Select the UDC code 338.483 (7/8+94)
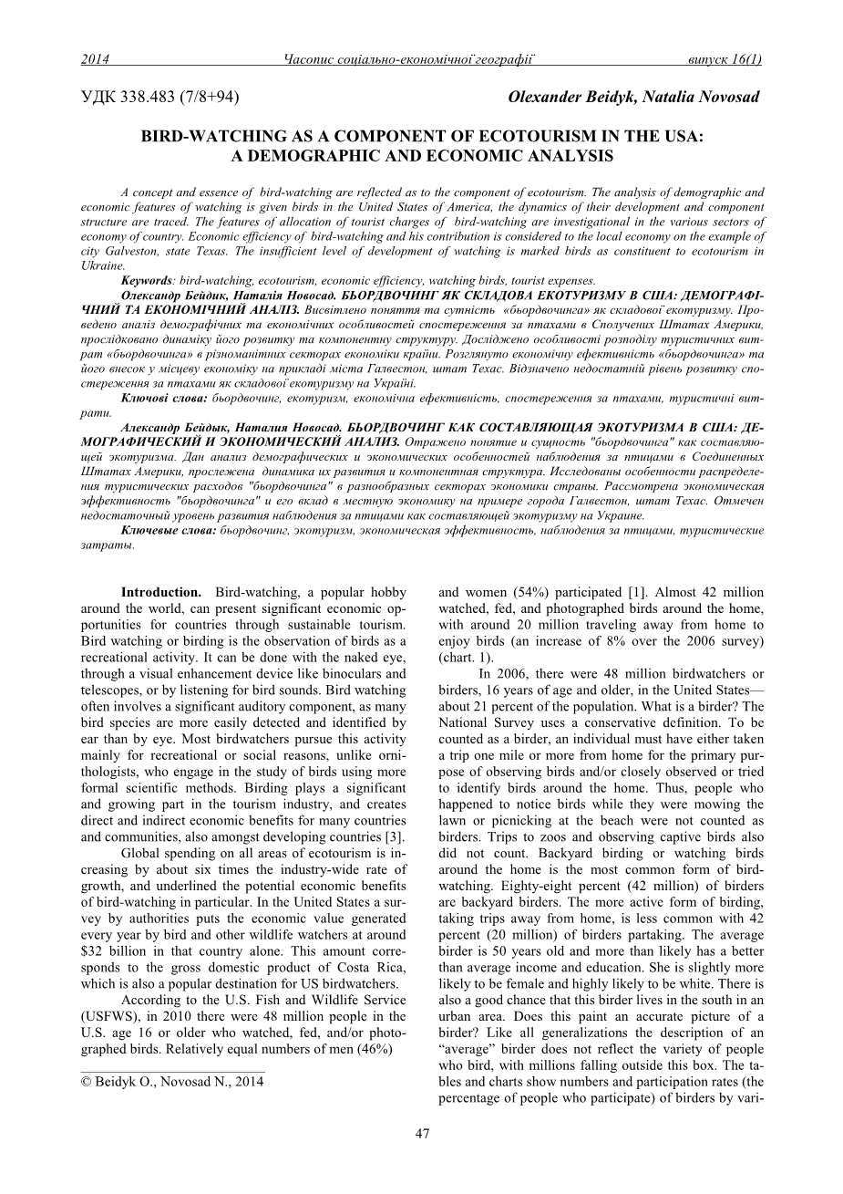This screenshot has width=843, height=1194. coord(160,97)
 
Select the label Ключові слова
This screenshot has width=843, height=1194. coord(163,399)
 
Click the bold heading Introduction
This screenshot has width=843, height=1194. coord(161,592)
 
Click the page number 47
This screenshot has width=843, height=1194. coord(422,1134)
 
